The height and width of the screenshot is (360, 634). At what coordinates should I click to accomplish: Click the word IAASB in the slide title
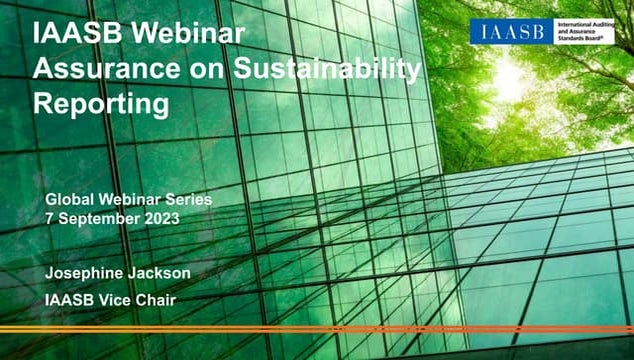coord(78,34)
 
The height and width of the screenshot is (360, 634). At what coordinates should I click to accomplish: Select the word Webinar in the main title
coord(195,34)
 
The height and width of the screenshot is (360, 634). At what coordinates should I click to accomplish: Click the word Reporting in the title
coord(100,102)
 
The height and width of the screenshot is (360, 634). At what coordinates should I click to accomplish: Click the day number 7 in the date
coord(50,217)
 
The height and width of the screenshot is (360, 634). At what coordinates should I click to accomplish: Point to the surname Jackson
coord(164,273)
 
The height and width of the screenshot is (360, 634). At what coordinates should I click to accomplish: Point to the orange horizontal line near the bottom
coord(317,328)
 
